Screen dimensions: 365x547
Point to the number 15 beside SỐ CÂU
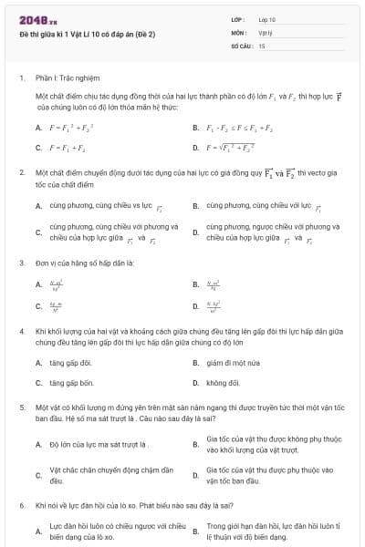click(262, 45)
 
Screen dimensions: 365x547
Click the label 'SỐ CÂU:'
click(240, 45)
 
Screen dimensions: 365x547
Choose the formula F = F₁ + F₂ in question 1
click(68, 147)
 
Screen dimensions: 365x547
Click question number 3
click(21, 263)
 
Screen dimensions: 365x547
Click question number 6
click(21, 504)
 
